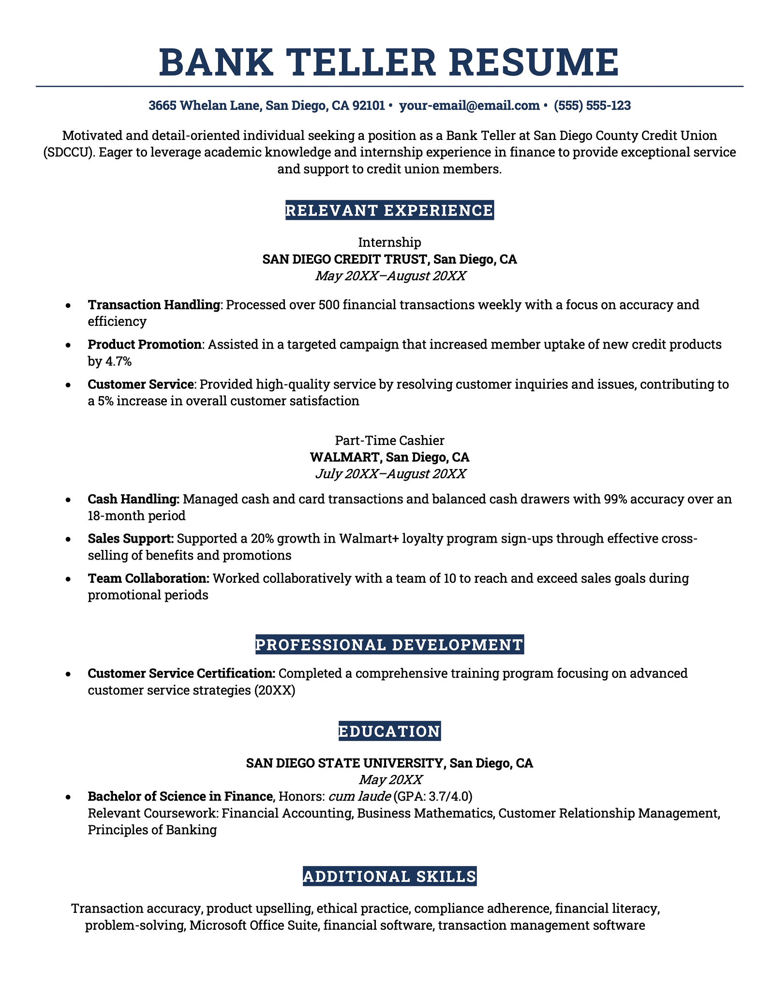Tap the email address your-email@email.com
(x=469, y=106)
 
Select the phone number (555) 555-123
(x=592, y=106)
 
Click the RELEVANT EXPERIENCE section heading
(x=389, y=211)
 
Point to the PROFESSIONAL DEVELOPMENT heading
(x=389, y=645)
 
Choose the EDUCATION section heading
(x=389, y=731)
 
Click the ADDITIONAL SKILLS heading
(x=389, y=877)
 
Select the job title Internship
(x=389, y=242)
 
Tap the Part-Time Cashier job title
(x=389, y=440)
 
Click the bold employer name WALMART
(x=344, y=457)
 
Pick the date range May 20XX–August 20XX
(x=390, y=276)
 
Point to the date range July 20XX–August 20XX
(x=390, y=473)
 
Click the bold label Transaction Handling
(x=154, y=305)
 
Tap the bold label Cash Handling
(x=134, y=499)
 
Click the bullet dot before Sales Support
(x=69, y=539)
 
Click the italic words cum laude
(x=359, y=796)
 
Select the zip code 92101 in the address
(x=369, y=106)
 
